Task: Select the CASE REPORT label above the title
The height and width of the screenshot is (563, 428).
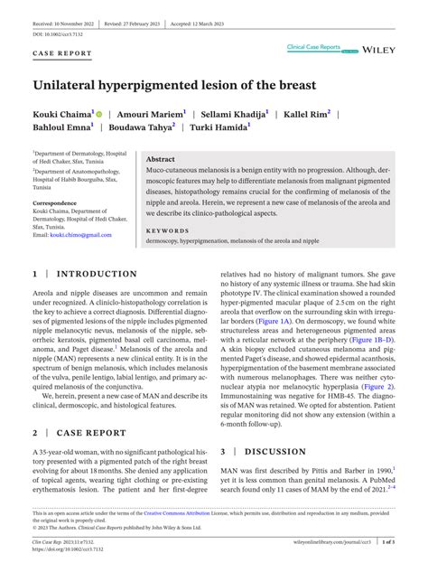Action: pos(61,53)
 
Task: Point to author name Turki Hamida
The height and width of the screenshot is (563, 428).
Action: pos(219,129)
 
